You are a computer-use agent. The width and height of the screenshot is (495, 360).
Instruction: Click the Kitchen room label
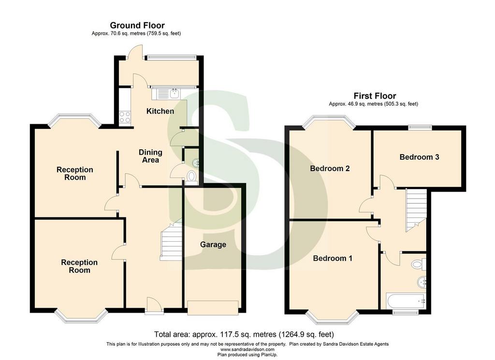[x=160, y=111]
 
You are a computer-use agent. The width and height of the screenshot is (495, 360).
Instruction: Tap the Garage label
[x=213, y=245]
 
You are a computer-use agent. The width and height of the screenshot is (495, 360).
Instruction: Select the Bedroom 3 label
[x=419, y=157]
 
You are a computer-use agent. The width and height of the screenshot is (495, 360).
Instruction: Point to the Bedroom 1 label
[x=333, y=259]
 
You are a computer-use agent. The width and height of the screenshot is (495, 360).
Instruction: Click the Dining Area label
[x=151, y=156]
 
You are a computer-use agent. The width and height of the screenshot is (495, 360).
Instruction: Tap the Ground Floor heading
[x=137, y=25]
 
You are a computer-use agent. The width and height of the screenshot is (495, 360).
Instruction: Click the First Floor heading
[x=375, y=96]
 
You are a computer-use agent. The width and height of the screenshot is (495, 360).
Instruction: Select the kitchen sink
[x=166, y=94]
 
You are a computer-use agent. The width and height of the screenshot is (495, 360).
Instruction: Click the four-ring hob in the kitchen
[x=125, y=117]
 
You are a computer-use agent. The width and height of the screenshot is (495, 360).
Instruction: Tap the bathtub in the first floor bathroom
[x=406, y=302]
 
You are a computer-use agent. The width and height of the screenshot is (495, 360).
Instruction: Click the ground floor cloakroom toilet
[x=191, y=176]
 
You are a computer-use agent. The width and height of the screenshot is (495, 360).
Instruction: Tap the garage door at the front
[x=213, y=307]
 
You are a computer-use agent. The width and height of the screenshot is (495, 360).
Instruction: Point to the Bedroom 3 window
[x=420, y=127]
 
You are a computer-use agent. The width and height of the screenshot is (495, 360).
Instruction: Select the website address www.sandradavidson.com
[x=247, y=349]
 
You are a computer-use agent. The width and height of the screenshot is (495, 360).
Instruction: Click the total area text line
[x=244, y=334]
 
